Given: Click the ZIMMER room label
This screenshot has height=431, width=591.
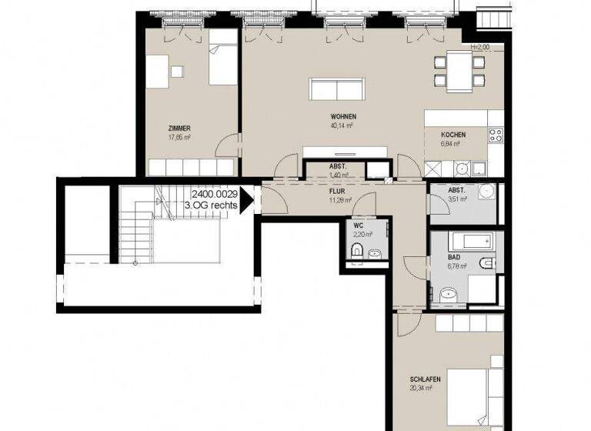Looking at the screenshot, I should click(x=179, y=128).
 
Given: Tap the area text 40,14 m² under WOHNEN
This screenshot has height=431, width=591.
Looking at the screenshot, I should click(x=341, y=125).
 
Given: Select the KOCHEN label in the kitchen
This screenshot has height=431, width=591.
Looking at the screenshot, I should click(x=453, y=135).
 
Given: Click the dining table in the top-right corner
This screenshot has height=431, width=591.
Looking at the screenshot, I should click(x=459, y=69).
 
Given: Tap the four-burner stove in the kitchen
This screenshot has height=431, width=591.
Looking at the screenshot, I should click(x=496, y=136).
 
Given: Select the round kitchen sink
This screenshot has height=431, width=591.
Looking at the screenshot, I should click(x=462, y=168).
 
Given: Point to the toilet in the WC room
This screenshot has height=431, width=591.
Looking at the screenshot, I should click(x=356, y=250).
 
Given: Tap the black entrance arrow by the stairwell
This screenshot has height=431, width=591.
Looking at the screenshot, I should click(x=246, y=200).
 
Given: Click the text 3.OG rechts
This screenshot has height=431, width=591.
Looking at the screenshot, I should click(x=211, y=205).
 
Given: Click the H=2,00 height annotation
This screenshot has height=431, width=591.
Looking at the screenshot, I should click(x=479, y=46).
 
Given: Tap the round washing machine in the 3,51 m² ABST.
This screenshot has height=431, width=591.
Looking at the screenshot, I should click(x=488, y=192).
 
